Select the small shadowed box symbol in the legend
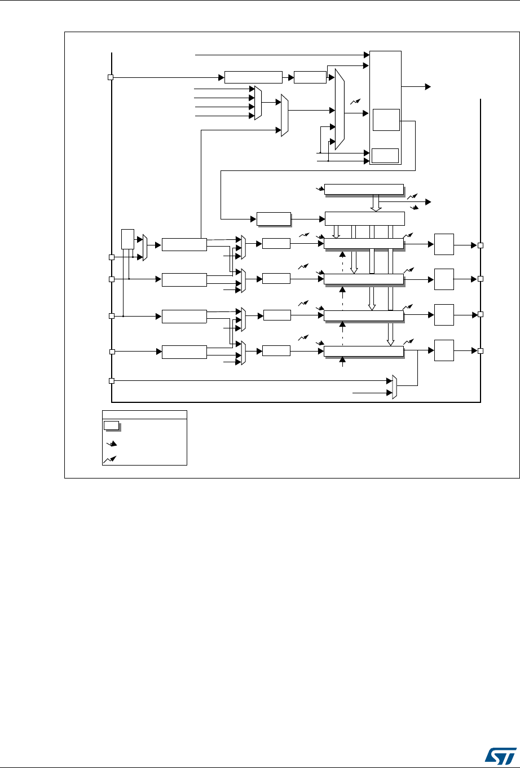pos(111,425)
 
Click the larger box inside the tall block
pos(386,120)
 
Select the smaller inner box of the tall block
pos(385,155)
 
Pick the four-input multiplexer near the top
pos(258,103)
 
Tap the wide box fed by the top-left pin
pos(253,77)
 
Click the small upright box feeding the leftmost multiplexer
pos(128,238)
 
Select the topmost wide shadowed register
pos(364,189)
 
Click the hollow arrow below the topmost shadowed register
pos(376,203)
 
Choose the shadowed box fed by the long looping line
pos(274,218)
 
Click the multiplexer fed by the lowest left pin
pos(394,387)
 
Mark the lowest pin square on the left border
pos(112,381)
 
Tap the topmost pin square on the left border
pos(111,77)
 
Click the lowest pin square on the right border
pos(481,350)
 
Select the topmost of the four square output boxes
pos(444,245)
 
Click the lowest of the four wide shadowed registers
pos(364,352)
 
